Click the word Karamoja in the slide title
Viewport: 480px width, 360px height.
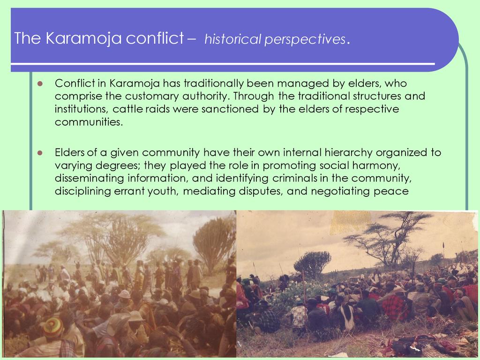tap(83, 38)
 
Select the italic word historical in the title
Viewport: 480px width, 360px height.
tap(232, 39)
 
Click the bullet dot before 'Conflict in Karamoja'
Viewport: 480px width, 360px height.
tap(40, 83)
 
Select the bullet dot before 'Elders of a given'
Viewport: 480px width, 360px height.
tap(40, 153)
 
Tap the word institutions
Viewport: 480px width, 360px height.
tap(82, 109)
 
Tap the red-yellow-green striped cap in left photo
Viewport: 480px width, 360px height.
tap(53, 327)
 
